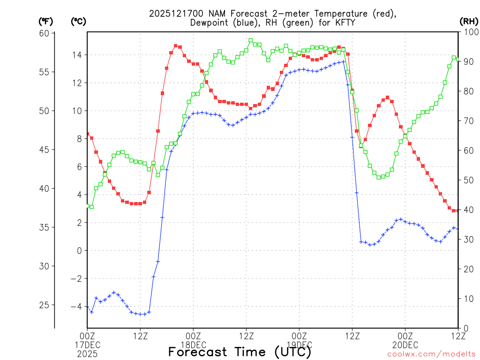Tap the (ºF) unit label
point(45,22)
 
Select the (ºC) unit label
point(78,22)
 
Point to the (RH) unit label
point(468,22)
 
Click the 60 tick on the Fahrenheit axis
point(44,33)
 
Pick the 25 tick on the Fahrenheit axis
point(44,305)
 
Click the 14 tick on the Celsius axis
point(76,55)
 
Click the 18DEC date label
point(193,345)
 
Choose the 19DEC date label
point(300,345)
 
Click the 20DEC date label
point(405,345)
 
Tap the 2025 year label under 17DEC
point(87,353)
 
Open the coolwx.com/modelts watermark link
point(431,354)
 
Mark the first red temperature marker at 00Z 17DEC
point(88,134)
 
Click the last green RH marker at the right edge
point(458,60)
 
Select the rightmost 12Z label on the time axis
point(458,336)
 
